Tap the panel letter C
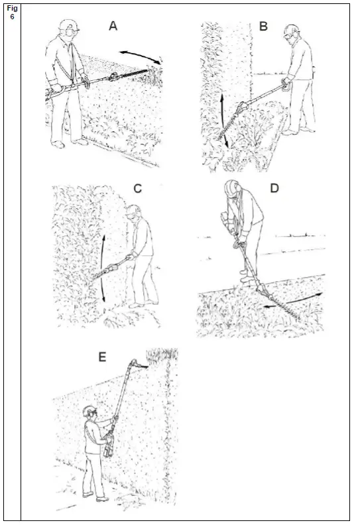pyautogui.click(x=138, y=188)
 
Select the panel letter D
pyautogui.click(x=274, y=188)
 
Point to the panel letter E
pyautogui.click(x=102, y=357)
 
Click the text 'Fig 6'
pyautogui.click(x=11, y=12)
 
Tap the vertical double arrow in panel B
pyautogui.click(x=223, y=119)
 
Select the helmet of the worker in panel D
pyautogui.click(x=232, y=187)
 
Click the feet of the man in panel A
pyautogui.click(x=70, y=143)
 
